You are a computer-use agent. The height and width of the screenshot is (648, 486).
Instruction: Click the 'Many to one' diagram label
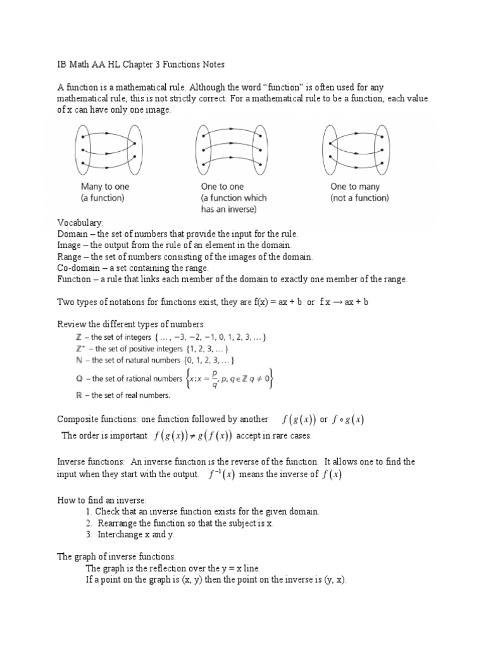tap(104, 187)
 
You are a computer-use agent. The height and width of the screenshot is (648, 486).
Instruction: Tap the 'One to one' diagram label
tap(222, 187)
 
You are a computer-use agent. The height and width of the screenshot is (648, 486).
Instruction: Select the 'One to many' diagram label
tap(354, 187)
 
